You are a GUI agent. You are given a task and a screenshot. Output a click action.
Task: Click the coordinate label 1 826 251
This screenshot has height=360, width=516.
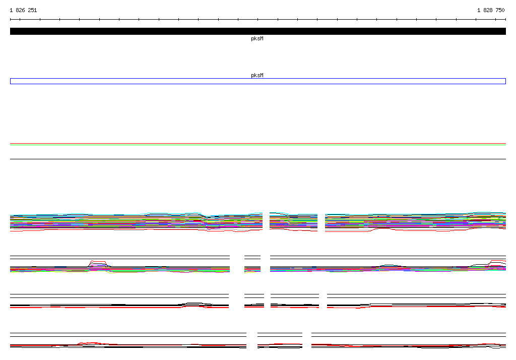pyautogui.click(x=23, y=10)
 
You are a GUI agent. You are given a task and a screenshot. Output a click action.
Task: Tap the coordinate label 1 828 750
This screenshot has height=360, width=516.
pyautogui.click(x=491, y=10)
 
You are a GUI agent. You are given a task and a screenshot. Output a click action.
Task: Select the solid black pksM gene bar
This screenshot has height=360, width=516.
pyautogui.click(x=258, y=31)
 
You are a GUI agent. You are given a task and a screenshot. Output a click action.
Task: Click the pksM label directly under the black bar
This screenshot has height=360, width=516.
pyautogui.click(x=257, y=38)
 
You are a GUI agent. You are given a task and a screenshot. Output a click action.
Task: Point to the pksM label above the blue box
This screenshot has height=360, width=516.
pyautogui.click(x=257, y=75)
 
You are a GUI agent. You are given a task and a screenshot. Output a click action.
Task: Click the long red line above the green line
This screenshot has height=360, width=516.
pyautogui.click(x=258, y=144)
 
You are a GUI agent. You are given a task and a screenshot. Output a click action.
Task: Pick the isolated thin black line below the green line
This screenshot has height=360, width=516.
pyautogui.click(x=258, y=159)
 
